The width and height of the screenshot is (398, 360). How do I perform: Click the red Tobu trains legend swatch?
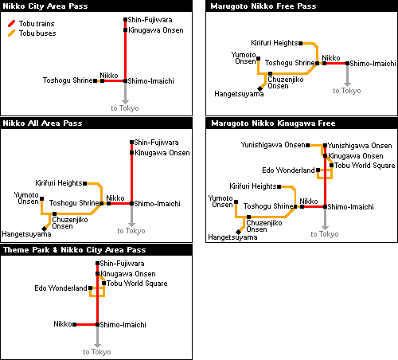pyautogui.click(x=11, y=24)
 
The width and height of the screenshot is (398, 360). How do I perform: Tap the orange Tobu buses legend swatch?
pyautogui.click(x=11, y=33)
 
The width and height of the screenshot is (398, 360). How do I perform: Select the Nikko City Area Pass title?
pyautogui.click(x=45, y=6)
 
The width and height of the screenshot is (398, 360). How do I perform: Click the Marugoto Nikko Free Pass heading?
pyautogui.click(x=263, y=6)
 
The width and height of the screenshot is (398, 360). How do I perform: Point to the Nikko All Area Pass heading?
pyautogui.click(x=42, y=123)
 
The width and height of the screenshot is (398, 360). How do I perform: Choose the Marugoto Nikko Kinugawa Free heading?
pyautogui.click(x=273, y=123)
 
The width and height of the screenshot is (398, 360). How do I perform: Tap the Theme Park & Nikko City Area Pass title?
pyautogui.click(x=75, y=250)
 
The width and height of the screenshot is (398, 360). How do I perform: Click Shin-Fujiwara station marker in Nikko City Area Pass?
pyautogui.click(x=125, y=20)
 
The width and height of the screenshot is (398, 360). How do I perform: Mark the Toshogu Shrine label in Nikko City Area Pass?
pyautogui.click(x=68, y=80)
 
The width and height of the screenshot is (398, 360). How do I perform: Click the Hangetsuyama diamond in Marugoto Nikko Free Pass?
pyautogui.click(x=260, y=88)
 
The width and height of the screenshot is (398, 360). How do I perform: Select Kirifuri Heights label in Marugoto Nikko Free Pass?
pyautogui.click(x=275, y=43)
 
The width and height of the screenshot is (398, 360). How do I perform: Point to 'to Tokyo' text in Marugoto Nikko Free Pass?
pyautogui.click(x=347, y=91)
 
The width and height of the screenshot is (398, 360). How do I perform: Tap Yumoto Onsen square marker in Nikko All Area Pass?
pyautogui.click(x=42, y=198)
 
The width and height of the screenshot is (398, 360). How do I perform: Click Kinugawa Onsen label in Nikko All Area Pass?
pyautogui.click(x=162, y=153)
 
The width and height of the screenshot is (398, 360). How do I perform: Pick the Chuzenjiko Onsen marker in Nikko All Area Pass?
pyautogui.click(x=54, y=213)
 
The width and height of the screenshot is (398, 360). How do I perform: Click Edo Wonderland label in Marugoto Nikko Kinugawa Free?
pyautogui.click(x=288, y=170)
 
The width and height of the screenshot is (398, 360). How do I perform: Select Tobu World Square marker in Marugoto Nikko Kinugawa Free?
pyautogui.click(x=331, y=166)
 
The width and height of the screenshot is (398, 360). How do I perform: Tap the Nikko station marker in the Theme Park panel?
pyautogui.click(x=75, y=324)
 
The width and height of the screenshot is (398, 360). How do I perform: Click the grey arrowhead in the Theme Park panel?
pyautogui.click(x=97, y=345)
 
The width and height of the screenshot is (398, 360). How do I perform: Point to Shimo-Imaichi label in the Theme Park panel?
pyautogui.click(x=123, y=325)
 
